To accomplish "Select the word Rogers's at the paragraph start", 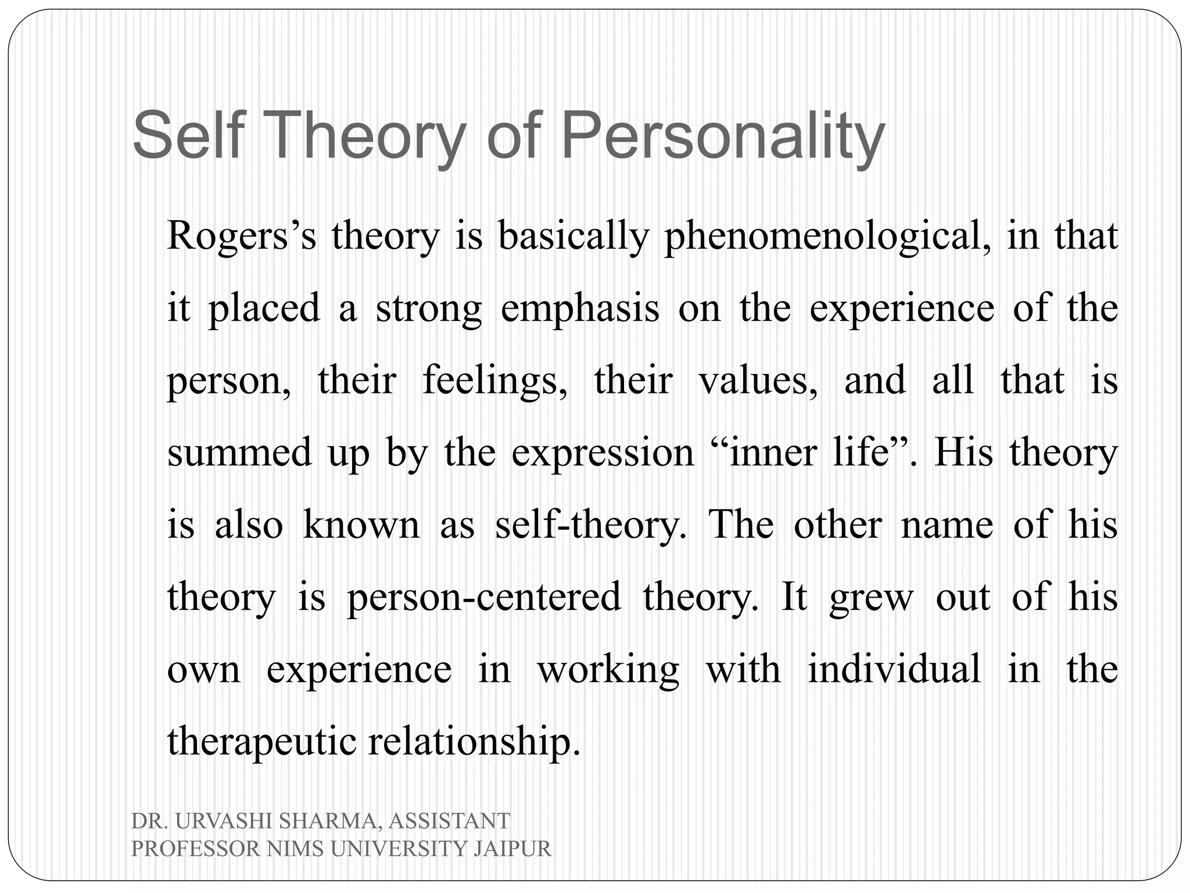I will [x=241, y=237].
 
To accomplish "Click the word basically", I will [x=573, y=237].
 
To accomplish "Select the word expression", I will [x=603, y=454].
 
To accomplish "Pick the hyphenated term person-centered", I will [x=483, y=598].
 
